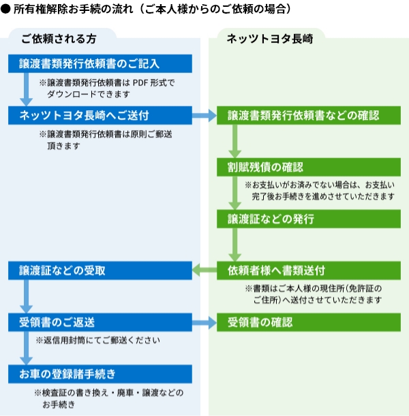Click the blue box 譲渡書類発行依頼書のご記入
pyautogui.click(x=100, y=64)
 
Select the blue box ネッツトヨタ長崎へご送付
pyautogui.click(x=100, y=116)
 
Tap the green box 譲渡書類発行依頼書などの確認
pyautogui.click(x=309, y=116)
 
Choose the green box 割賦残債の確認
pyautogui.click(x=309, y=167)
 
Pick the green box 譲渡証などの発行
pyautogui.click(x=309, y=219)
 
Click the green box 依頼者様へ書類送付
pyautogui.click(x=309, y=270)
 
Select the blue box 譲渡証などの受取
pyautogui.click(x=100, y=270)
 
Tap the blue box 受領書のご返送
pyautogui.click(x=100, y=322)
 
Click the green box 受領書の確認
pyautogui.click(x=309, y=322)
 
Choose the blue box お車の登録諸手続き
pyautogui.click(x=100, y=374)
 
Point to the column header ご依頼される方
pyautogui.click(x=59, y=39)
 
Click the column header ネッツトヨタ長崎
pyautogui.click(x=270, y=39)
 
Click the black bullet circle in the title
pyautogui.click(x=5, y=9)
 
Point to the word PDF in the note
pyautogui.click(x=140, y=83)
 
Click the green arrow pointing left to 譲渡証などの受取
pyautogui.click(x=204, y=270)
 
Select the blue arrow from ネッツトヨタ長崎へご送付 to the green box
pyautogui.click(x=204, y=116)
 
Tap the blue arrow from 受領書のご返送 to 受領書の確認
pyautogui.click(x=204, y=323)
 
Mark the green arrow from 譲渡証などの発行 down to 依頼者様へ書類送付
pyautogui.click(x=234, y=244)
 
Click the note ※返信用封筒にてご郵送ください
pyautogui.click(x=97, y=340)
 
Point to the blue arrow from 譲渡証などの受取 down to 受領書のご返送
pyautogui.click(x=27, y=296)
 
